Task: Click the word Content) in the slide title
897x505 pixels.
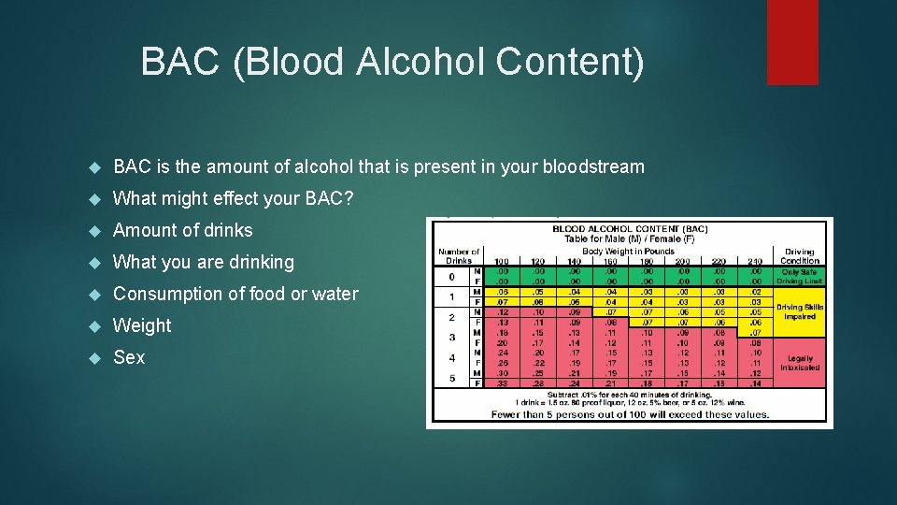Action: click(570, 63)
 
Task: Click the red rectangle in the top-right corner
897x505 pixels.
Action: click(791, 41)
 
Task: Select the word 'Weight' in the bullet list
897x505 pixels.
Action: click(142, 325)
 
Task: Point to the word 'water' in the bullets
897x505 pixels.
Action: click(334, 294)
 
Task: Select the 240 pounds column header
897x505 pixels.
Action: click(755, 261)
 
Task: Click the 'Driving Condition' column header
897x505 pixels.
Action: click(799, 256)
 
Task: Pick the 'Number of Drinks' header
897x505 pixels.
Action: click(459, 255)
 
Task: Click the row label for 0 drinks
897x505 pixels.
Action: click(451, 277)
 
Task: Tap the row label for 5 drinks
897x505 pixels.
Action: click(451, 378)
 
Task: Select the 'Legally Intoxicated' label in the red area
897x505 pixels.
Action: click(800, 363)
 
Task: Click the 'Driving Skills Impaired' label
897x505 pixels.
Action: click(800, 311)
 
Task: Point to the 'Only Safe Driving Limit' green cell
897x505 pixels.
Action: click(800, 277)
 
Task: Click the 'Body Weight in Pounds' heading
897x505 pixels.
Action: click(628, 251)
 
